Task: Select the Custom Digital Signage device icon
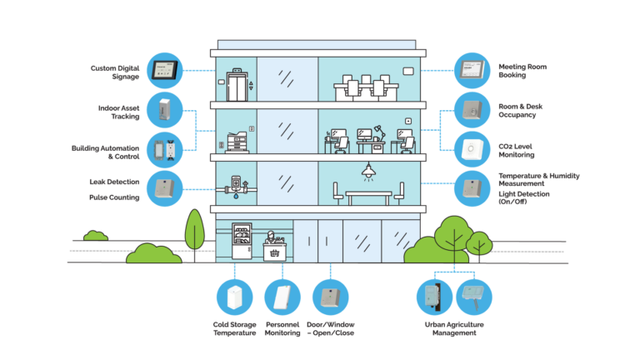(x=165, y=71)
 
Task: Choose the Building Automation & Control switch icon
(x=165, y=150)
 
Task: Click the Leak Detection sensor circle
(x=165, y=188)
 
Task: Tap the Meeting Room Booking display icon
(x=472, y=71)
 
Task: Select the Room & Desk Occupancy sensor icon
(x=472, y=110)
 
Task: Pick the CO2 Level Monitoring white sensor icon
(x=472, y=150)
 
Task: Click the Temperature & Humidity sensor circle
(x=472, y=188)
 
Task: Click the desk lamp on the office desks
(x=379, y=129)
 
